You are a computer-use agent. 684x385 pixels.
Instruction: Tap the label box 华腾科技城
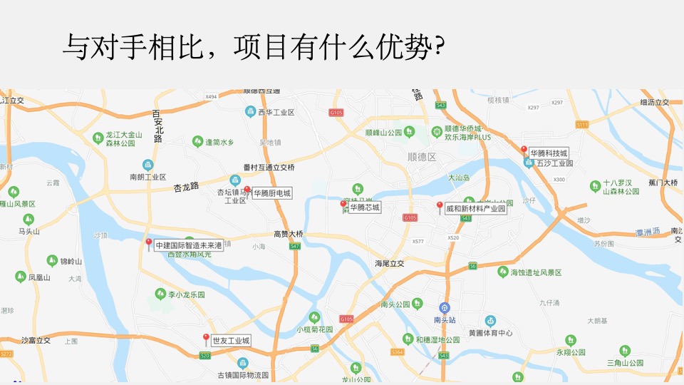pos(549,153)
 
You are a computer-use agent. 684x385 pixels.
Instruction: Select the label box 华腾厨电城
pos(272,192)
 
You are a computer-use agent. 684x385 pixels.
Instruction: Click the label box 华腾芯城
pos(364,207)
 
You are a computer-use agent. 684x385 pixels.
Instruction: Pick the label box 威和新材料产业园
pos(475,209)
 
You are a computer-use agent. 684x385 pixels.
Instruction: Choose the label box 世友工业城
pos(231,341)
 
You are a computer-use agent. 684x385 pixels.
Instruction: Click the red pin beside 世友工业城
pos(206,338)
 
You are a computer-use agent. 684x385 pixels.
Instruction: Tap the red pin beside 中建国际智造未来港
pos(148,243)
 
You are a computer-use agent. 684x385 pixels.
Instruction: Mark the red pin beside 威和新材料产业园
pos(440,206)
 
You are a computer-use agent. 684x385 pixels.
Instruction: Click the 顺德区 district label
pos(422,156)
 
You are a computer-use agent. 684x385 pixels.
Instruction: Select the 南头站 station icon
pos(445,308)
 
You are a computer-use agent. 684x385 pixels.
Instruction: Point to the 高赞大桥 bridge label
pos(289,234)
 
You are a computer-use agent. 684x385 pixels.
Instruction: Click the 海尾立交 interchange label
pos(390,263)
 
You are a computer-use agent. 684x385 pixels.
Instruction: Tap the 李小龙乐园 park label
pos(187,294)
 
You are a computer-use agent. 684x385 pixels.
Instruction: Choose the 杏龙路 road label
pos(187,188)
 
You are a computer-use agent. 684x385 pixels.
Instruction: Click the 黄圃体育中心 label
pos(490,333)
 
